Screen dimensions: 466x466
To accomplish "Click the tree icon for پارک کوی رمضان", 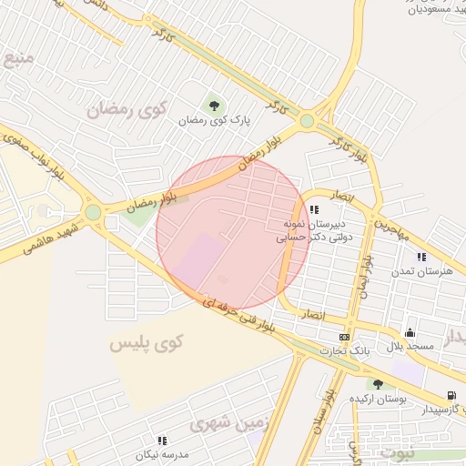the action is click(x=215, y=105).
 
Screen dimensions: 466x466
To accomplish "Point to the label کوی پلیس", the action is click(x=146, y=343).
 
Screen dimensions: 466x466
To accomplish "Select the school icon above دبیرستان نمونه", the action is click(x=314, y=209).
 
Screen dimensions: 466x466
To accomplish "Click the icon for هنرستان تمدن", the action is click(x=421, y=258).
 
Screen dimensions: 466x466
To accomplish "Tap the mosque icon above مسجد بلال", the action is click(x=410, y=332).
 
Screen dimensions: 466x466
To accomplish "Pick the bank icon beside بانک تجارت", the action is click(x=343, y=338).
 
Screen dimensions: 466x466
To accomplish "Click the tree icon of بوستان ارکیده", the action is click(x=377, y=384).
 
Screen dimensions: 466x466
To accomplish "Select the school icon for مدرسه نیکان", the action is click(x=162, y=441).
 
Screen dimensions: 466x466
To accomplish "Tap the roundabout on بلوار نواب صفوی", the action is click(x=93, y=213).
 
